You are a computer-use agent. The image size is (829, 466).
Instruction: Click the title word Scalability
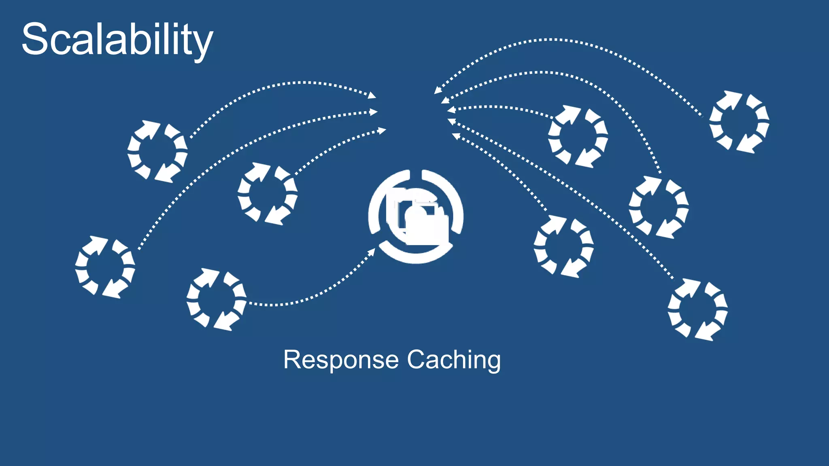tap(117, 39)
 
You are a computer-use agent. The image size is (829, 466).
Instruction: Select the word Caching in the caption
tap(454, 360)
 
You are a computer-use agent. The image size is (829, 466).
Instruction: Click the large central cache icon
tap(416, 217)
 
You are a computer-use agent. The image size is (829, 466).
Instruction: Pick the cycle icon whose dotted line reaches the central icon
tap(216, 299)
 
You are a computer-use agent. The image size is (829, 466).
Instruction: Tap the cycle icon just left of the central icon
tap(268, 194)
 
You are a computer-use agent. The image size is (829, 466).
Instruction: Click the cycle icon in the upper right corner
tap(739, 122)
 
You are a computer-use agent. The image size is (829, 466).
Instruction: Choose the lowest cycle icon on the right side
tap(697, 309)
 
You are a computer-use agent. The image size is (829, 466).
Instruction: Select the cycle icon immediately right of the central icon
tap(563, 246)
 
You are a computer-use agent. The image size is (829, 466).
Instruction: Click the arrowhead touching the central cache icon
tap(371, 252)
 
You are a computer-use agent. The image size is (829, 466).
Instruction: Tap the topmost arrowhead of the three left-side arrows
tap(372, 95)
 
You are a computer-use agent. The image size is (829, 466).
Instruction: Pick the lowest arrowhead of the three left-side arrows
tap(382, 130)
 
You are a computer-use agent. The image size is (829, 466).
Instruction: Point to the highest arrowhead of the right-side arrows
tap(438, 90)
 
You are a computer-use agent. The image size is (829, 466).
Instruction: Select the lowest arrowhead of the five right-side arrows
tap(455, 136)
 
